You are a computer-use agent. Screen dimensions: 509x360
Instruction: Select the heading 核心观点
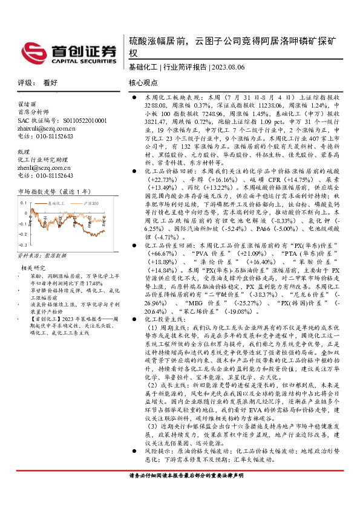[x=143, y=82]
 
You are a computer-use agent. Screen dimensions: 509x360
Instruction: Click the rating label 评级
[x=25, y=82]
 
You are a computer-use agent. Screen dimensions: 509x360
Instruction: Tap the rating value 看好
[x=50, y=82]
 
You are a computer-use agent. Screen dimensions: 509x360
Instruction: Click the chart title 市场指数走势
[x=40, y=192]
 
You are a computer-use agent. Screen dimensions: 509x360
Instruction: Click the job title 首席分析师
[x=33, y=112]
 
